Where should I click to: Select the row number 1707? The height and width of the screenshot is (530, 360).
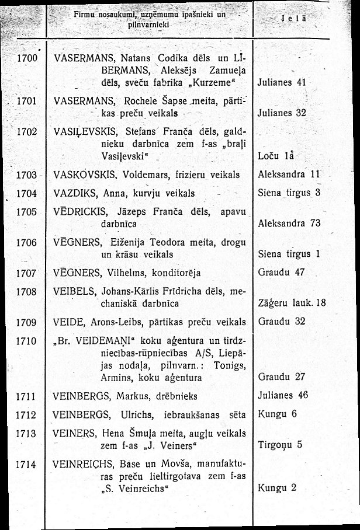click(x=27, y=273)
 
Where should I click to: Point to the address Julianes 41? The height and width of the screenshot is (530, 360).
click(x=282, y=82)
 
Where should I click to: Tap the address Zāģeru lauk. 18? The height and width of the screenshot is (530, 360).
click(x=291, y=303)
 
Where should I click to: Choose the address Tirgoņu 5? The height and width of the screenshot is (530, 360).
click(x=280, y=445)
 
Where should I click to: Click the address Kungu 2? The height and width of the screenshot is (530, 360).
click(x=278, y=487)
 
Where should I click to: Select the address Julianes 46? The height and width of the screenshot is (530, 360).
click(x=282, y=396)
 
